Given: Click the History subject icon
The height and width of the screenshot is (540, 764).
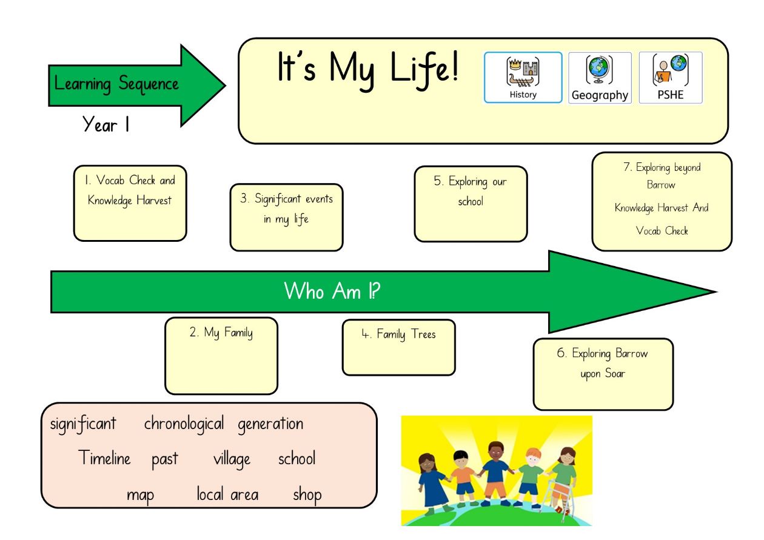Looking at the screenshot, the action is (523, 78).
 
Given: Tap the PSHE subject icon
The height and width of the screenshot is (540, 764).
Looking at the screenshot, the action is (671, 78).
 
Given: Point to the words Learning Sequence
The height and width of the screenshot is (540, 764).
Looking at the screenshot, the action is (116, 84).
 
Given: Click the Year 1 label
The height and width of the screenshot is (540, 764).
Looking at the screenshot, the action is (106, 124).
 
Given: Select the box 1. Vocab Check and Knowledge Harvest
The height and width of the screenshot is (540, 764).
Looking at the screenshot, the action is (130, 204).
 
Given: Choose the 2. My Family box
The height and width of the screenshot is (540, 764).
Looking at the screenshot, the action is (221, 356).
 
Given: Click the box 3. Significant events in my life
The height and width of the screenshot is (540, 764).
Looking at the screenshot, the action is (286, 218).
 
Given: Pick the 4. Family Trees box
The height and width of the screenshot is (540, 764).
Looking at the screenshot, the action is (399, 347).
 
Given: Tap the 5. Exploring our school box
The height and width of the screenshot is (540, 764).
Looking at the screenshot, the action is (471, 204).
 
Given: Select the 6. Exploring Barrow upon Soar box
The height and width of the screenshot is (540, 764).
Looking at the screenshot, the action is (603, 375).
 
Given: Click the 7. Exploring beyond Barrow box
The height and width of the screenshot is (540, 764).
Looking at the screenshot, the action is (662, 202).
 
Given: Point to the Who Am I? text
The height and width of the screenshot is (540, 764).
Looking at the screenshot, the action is (332, 291).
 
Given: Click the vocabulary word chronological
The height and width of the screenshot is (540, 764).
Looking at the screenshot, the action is (184, 424).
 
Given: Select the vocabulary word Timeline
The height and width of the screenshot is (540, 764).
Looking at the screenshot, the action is (104, 457).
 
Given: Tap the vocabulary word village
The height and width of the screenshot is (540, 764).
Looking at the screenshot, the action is (232, 459).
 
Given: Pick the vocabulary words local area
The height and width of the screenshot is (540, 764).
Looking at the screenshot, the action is (227, 494).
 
